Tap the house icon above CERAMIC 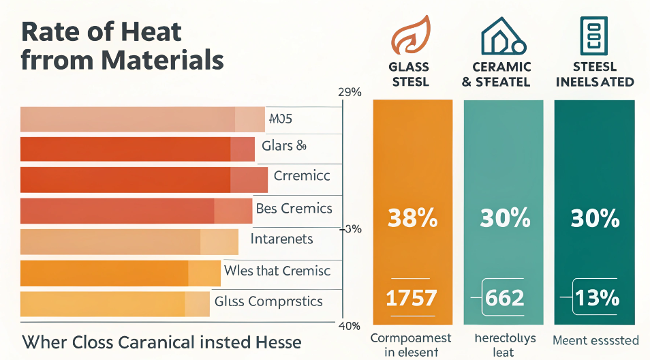503,35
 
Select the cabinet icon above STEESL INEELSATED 593,34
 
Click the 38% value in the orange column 412,218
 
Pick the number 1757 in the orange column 412,297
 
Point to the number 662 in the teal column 504,297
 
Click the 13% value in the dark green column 597,297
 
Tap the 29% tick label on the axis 349,93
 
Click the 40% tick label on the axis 349,326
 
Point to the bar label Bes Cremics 294,208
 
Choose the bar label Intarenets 281,239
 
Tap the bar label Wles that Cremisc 277,271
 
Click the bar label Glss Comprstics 268,301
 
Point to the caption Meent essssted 595,340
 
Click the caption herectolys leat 504,345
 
